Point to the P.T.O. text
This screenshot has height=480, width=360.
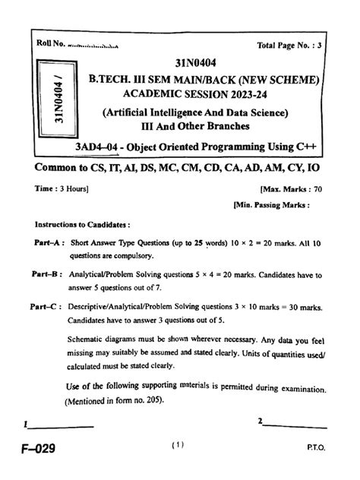[x=317, y=449]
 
